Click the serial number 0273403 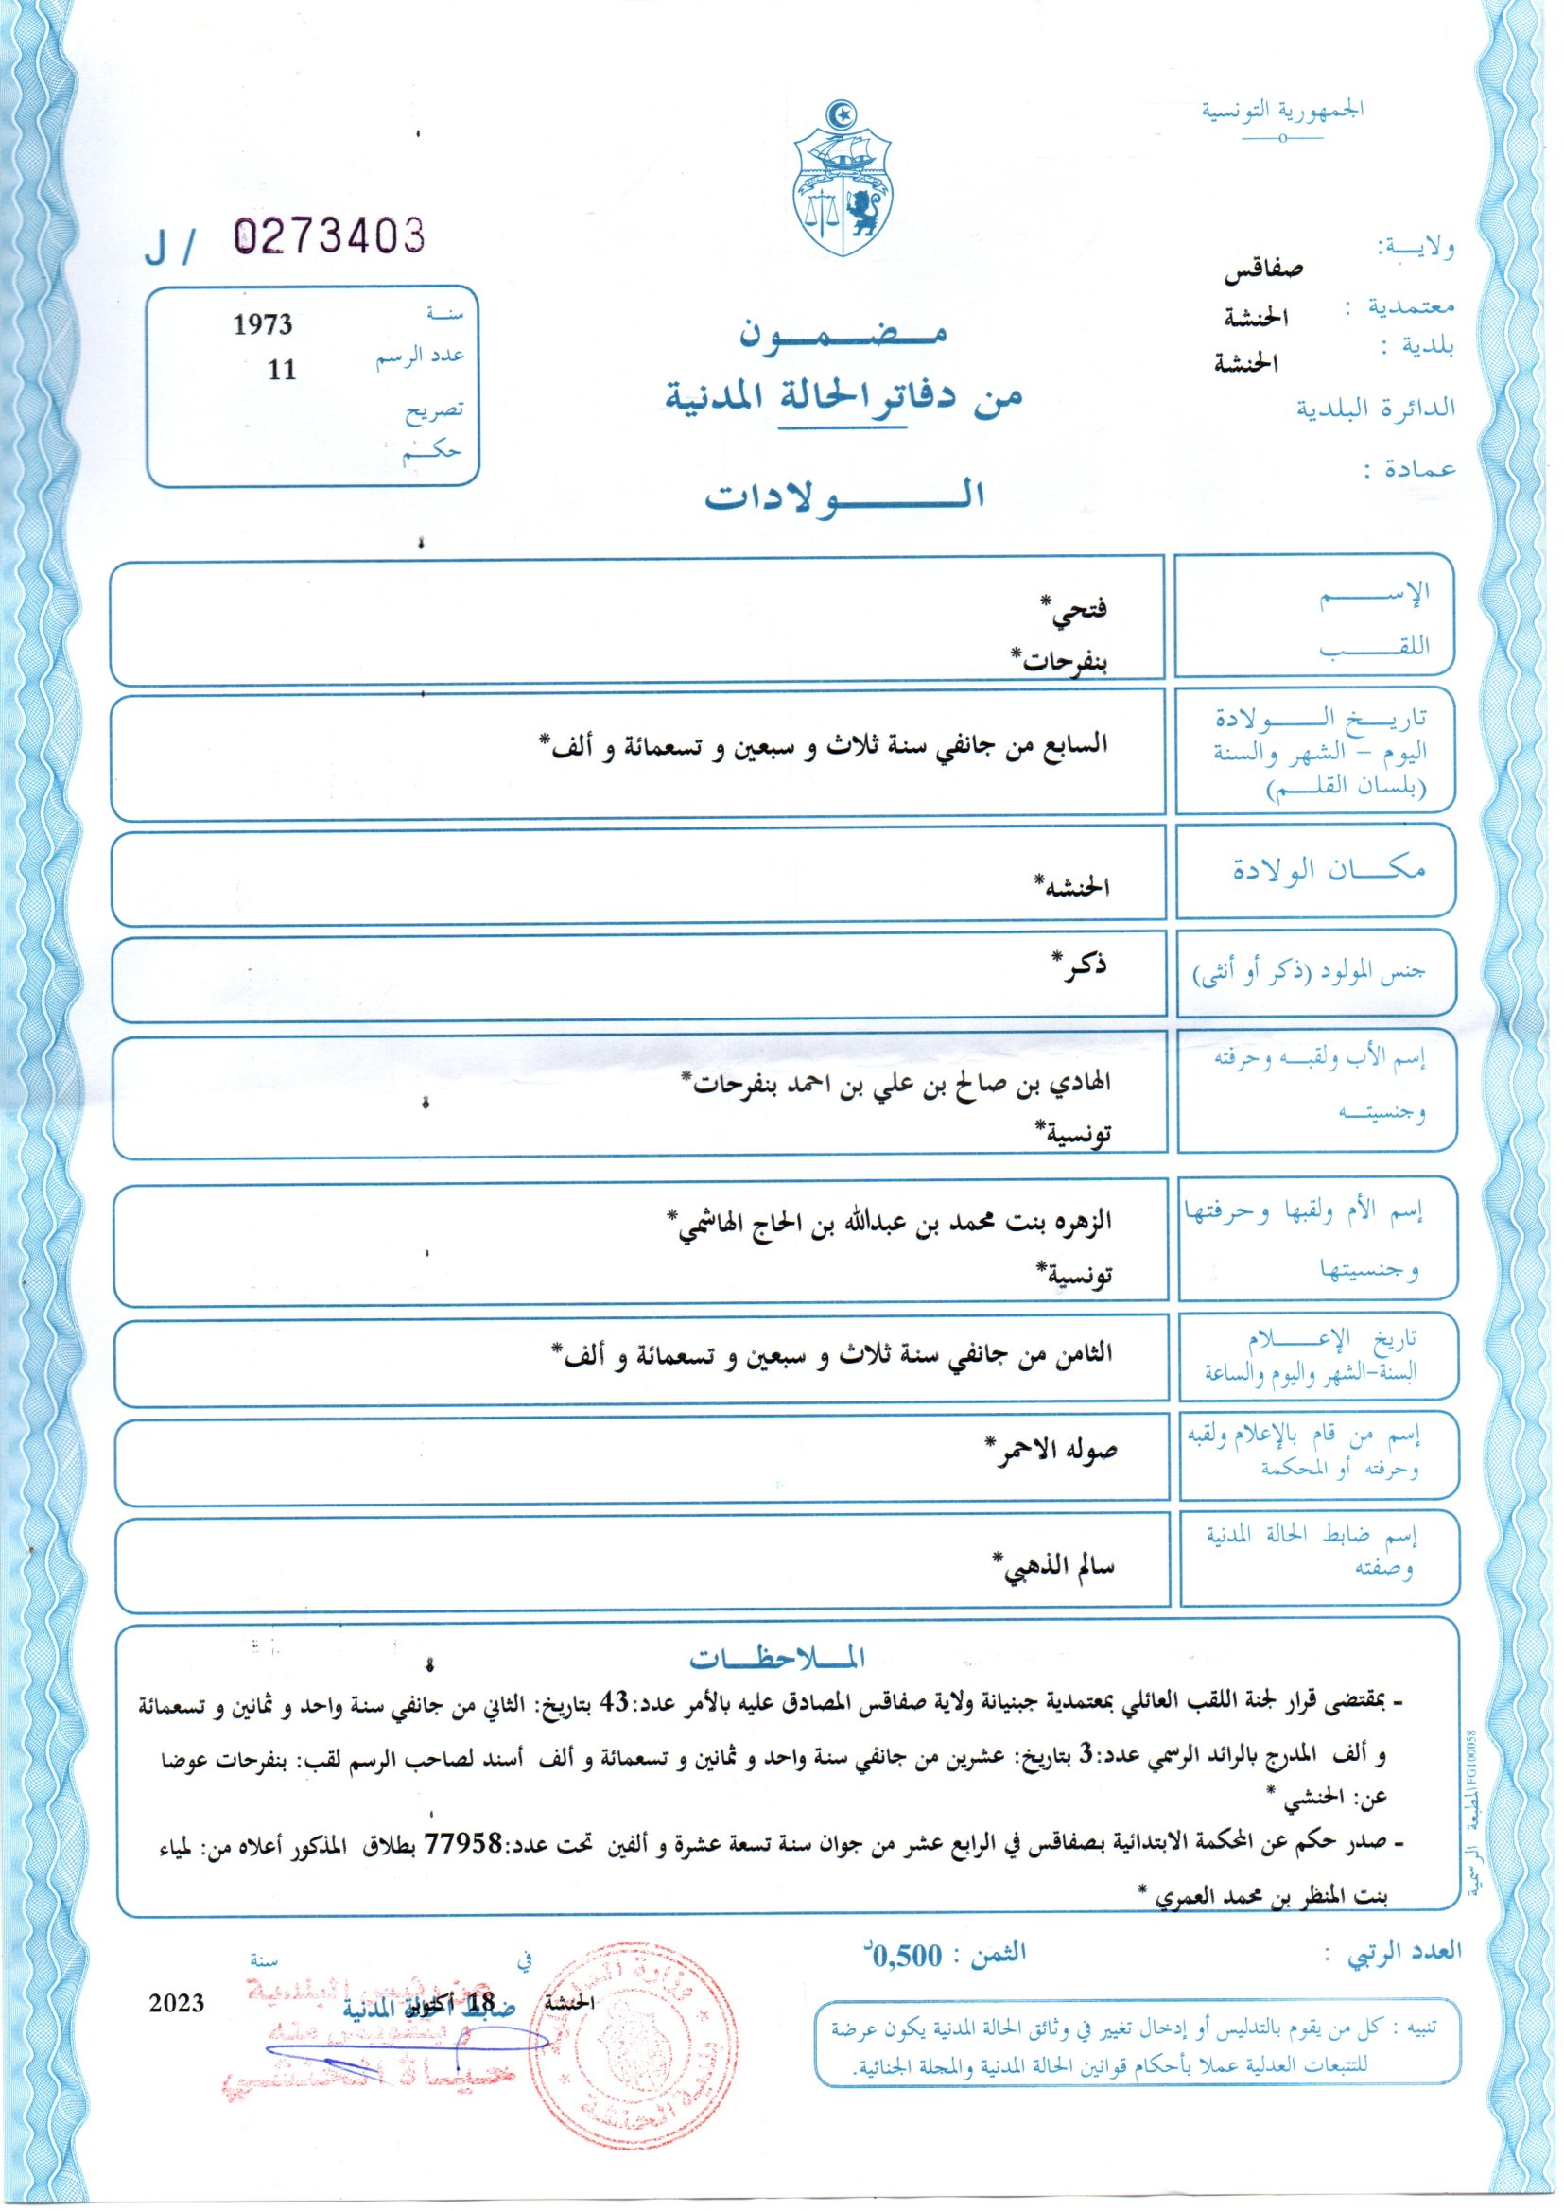(x=329, y=235)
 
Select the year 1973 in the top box (x=263, y=324)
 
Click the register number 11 (x=281, y=370)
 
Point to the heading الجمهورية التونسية (x=1282, y=109)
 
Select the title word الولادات (x=843, y=494)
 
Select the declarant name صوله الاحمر (x=1051, y=1451)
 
